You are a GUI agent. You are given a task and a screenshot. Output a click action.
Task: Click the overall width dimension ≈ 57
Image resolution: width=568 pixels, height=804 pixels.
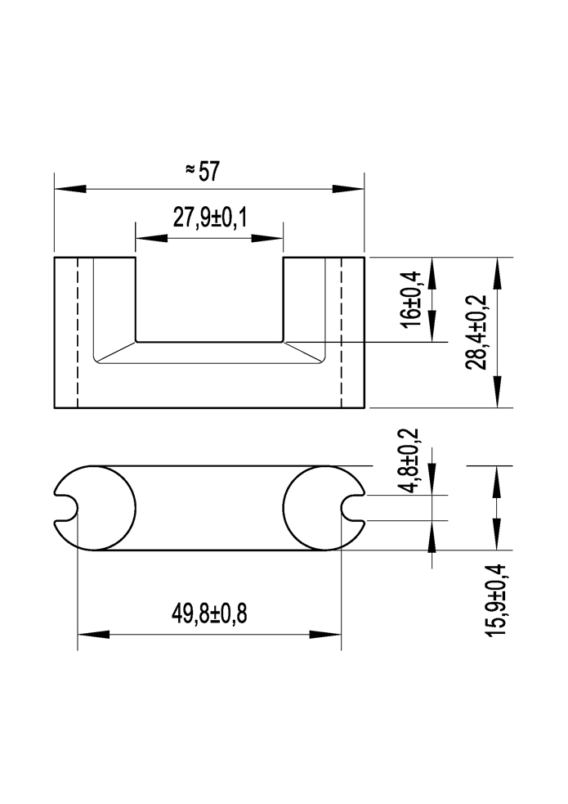[203, 170]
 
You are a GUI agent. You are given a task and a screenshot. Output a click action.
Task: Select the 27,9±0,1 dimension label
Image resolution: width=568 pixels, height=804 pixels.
[209, 218]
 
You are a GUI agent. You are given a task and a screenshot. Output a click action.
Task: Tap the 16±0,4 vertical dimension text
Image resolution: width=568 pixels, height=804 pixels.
[412, 299]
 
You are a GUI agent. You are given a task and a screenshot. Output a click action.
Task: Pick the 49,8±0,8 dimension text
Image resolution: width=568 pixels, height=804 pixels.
[209, 614]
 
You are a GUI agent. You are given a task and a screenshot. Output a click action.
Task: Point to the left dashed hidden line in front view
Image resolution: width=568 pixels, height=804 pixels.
[77, 332]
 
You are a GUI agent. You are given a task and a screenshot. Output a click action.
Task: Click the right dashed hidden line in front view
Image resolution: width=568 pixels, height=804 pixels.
[342, 332]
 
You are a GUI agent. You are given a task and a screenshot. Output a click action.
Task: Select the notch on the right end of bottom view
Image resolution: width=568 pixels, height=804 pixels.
[352, 508]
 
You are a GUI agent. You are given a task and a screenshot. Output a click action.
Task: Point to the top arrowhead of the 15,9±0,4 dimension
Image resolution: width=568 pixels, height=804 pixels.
[496, 483]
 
